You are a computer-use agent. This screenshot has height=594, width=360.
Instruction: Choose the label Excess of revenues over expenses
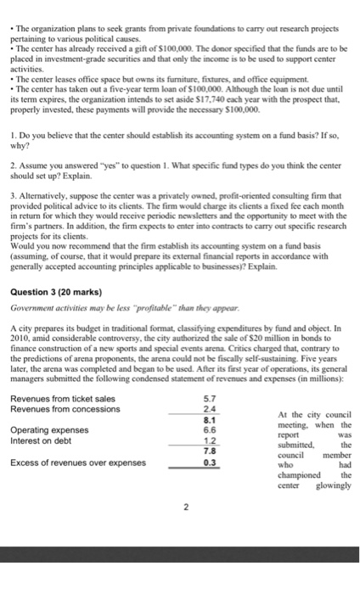[76, 463]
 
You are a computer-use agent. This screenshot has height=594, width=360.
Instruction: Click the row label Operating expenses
[52, 430]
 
